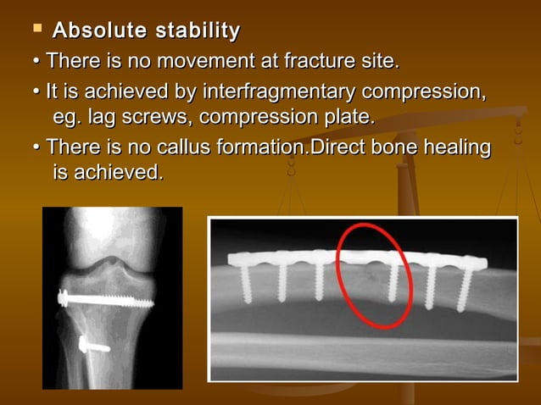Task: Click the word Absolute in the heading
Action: click(93, 32)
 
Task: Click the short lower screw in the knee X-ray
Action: click(93, 344)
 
